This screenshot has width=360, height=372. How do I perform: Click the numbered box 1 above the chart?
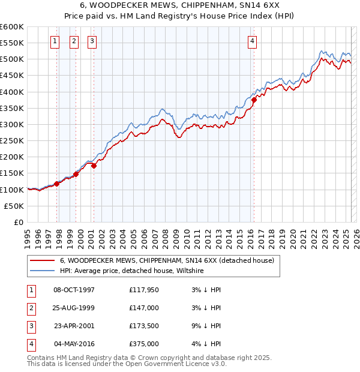tap(55, 41)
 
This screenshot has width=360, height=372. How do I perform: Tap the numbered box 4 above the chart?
tap(253, 41)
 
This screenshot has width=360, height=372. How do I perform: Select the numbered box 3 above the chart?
tap(92, 41)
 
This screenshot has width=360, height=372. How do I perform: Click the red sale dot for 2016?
tap(254, 100)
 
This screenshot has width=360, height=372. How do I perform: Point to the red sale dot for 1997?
tap(56, 184)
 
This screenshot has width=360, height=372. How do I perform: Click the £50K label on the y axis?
tap(14, 206)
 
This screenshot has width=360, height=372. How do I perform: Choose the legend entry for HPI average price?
tap(132, 271)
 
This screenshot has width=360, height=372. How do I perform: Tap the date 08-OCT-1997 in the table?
tap(74, 290)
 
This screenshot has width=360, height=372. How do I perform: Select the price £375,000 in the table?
tap(144, 344)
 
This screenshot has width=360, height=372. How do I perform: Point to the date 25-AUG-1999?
tap(74, 308)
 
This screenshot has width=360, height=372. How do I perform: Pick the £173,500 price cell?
tap(144, 326)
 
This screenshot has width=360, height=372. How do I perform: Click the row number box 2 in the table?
tap(31, 308)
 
